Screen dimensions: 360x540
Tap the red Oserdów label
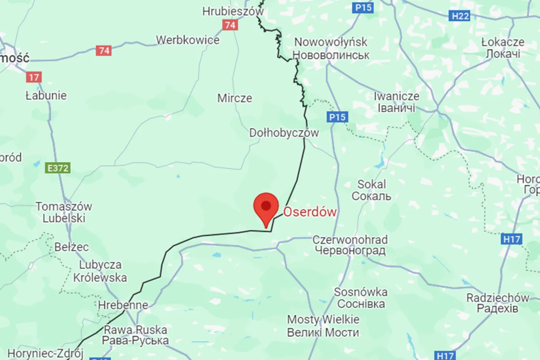point(310,212)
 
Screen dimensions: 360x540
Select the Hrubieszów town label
point(233,11)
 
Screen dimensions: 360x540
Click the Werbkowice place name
point(187,40)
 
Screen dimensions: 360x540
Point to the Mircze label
point(235,98)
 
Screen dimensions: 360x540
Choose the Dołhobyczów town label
point(284,133)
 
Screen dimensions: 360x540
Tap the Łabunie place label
point(46,95)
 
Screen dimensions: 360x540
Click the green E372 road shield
point(58,168)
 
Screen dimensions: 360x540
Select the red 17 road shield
point(34,77)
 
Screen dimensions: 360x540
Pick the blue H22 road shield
point(460,16)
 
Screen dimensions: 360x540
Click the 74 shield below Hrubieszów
point(230,25)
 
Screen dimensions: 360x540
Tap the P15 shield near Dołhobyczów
point(337,117)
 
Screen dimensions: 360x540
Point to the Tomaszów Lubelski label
point(64,212)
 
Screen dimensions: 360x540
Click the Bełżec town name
point(71,247)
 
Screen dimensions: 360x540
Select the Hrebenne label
point(123,305)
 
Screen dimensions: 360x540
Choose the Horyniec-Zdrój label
point(45,353)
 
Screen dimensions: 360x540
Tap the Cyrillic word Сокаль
point(371,196)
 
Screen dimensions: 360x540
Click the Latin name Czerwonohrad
point(350,240)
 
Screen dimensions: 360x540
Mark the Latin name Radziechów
point(498,297)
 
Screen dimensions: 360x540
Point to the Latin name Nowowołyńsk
point(331,42)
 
